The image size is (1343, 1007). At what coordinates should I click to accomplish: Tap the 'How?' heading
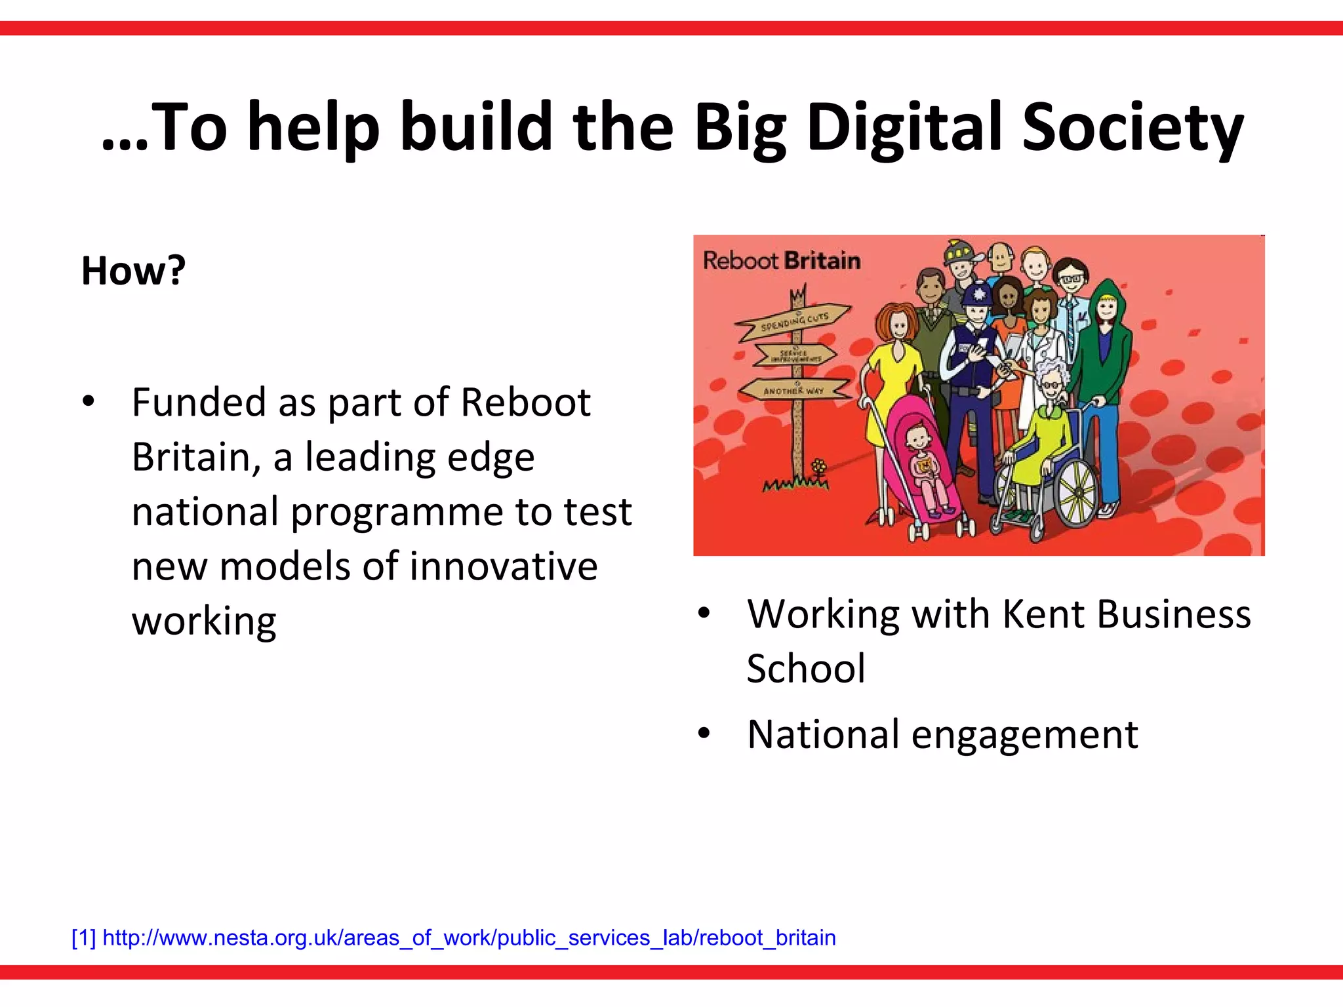pyautogui.click(x=134, y=270)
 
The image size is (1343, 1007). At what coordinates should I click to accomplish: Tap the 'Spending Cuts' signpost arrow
pyautogui.click(x=793, y=320)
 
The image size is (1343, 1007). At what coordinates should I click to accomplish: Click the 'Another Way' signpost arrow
pyautogui.click(x=793, y=390)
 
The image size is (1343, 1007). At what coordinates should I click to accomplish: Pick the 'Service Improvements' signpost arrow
pyautogui.click(x=795, y=355)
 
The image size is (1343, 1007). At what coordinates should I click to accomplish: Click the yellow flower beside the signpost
pyautogui.click(x=818, y=467)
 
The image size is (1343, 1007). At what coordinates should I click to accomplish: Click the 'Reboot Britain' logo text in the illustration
pyautogui.click(x=782, y=261)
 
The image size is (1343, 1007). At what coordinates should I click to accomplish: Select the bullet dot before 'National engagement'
pyautogui.click(x=704, y=734)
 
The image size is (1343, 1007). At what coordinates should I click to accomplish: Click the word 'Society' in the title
pyautogui.click(x=1133, y=128)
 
